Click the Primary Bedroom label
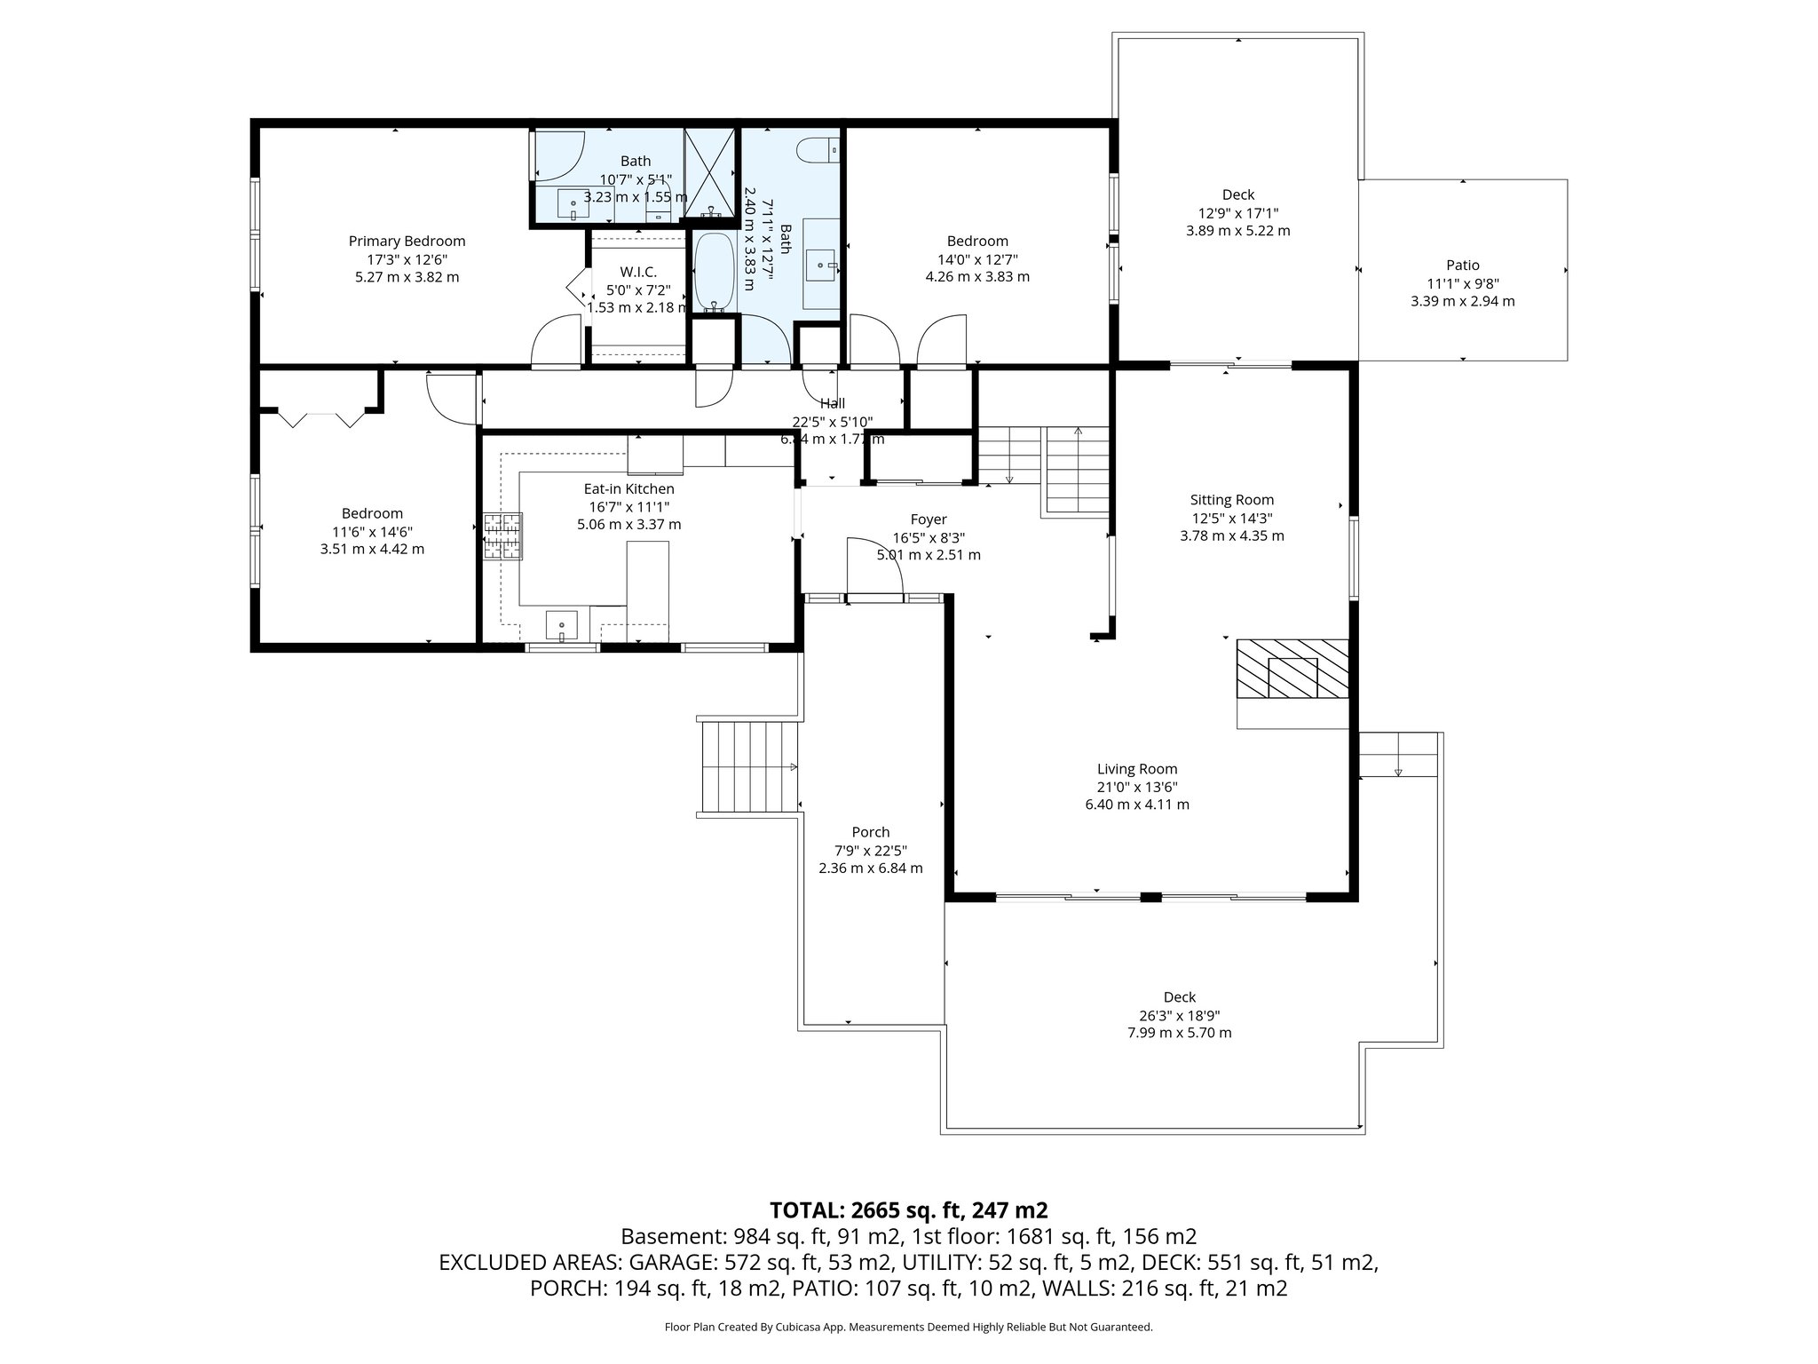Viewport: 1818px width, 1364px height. pyautogui.click(x=407, y=241)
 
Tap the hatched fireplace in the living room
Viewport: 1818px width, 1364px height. pyautogui.click(x=1292, y=669)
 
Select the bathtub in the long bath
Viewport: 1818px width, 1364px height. pyautogui.click(x=714, y=272)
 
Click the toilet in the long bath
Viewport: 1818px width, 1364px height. pyautogui.click(x=818, y=151)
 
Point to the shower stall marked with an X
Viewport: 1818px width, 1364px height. pyautogui.click(x=710, y=172)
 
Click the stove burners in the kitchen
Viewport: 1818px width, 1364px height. pyautogui.click(x=502, y=536)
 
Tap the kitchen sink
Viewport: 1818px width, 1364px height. pyautogui.click(x=561, y=626)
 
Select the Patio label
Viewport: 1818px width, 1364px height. pyautogui.click(x=1462, y=265)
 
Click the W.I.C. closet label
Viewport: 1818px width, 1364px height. pyautogui.click(x=637, y=272)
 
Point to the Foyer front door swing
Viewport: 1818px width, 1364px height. pyautogui.click(x=874, y=568)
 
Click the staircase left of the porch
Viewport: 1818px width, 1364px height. pyautogui.click(x=748, y=766)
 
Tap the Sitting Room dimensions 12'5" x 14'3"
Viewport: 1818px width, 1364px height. pyautogui.click(x=1231, y=518)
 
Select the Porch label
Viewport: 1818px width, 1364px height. pyautogui.click(x=870, y=832)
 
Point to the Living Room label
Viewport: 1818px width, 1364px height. pyautogui.click(x=1136, y=769)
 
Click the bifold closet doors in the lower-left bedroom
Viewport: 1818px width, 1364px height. pyautogui.click(x=321, y=417)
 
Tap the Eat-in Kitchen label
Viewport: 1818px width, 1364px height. pyautogui.click(x=628, y=488)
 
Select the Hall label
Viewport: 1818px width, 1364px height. pyautogui.click(x=832, y=403)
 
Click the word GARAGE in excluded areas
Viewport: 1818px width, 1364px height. pyautogui.click(x=671, y=1262)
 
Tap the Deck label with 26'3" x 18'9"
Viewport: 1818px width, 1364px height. pyautogui.click(x=1179, y=997)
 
